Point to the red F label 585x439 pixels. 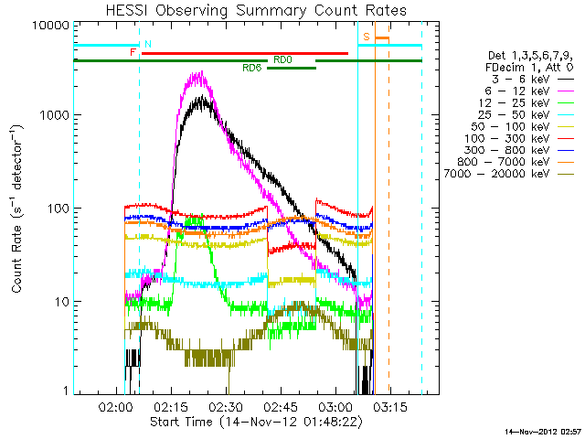point(133,53)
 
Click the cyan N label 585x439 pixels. point(148,44)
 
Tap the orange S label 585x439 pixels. point(366,37)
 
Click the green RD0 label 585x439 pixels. point(282,59)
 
